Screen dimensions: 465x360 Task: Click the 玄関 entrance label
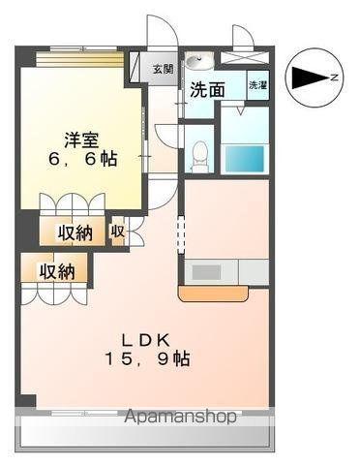pos(163,69)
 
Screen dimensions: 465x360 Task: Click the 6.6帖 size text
pos(81,159)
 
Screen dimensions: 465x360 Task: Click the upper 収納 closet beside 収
pos(74,233)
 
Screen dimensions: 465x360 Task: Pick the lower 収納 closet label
pos(56,272)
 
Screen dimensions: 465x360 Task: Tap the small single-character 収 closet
pos(117,232)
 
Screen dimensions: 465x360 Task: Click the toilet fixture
pos(199,153)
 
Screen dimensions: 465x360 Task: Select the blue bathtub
pos(244,158)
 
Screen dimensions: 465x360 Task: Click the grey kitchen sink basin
pos(207,272)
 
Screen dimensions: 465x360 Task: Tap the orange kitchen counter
pos(212,293)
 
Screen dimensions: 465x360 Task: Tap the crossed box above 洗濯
pos(245,58)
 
